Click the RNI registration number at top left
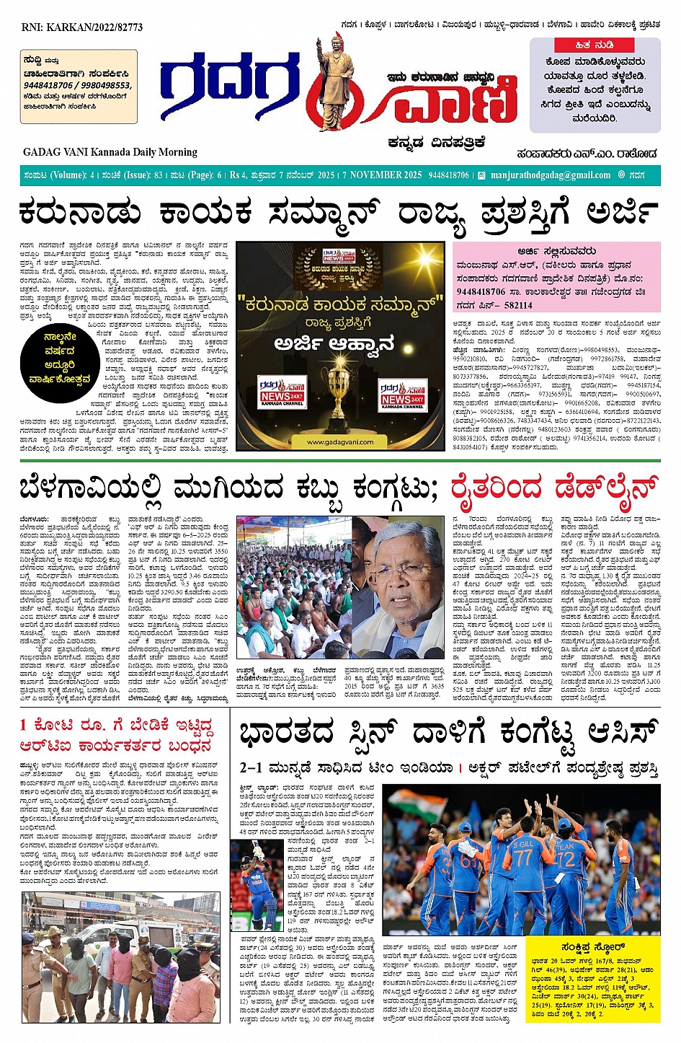82,27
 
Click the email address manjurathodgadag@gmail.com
550,175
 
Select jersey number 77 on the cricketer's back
522,859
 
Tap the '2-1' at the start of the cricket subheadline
252,768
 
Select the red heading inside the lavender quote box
595,45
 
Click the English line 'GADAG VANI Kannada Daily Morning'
110,152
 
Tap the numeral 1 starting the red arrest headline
24,725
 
